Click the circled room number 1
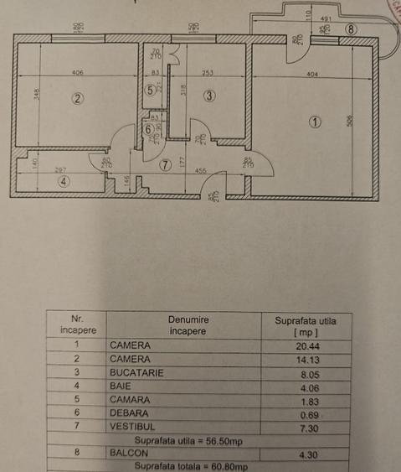[315, 121]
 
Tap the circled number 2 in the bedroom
[78, 98]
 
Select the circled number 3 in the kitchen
[209, 96]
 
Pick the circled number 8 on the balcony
[350, 29]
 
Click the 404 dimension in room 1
[312, 75]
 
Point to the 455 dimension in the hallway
[202, 170]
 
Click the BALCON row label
[127, 454]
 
